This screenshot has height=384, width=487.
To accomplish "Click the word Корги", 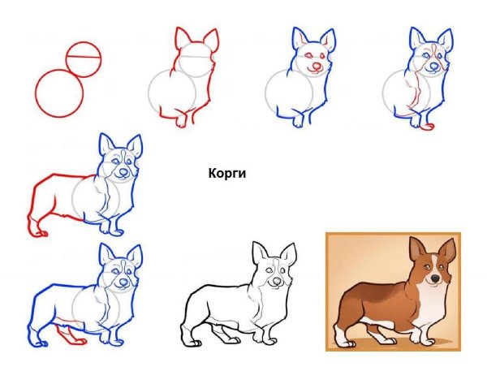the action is tap(227, 174).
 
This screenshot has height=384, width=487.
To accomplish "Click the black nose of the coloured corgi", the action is tap(435, 278).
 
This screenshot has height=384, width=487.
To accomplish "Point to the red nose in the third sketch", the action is tap(317, 67).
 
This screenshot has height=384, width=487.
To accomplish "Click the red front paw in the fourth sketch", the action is tap(426, 127).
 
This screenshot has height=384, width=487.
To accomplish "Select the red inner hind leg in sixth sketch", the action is tap(69, 334).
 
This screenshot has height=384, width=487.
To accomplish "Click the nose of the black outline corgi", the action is tap(276, 282).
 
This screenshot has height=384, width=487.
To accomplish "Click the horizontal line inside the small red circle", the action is tap(84, 57).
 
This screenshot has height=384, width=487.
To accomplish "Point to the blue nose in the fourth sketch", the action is tap(433, 66).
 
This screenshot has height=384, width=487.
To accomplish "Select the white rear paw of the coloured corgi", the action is tap(345, 343).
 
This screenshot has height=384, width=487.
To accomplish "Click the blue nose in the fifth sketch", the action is tap(123, 172).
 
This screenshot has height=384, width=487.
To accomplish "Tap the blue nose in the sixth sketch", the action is tap(123, 282).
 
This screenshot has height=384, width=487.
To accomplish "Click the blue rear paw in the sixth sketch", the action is tap(39, 343).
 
